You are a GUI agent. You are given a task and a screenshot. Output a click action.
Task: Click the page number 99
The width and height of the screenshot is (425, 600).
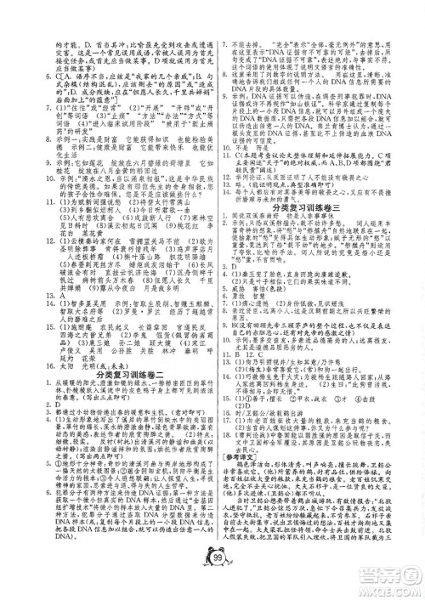[x=212, y=580]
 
